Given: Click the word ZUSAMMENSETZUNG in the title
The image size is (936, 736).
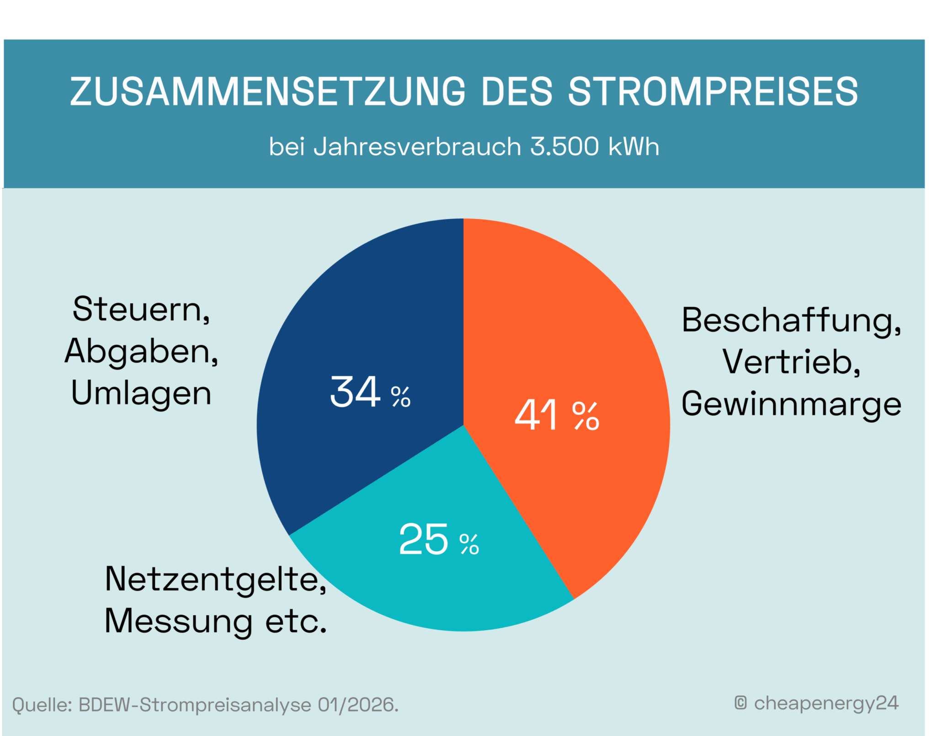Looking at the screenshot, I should coord(267,91).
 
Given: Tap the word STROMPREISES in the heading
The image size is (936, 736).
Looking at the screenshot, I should coord(713,91).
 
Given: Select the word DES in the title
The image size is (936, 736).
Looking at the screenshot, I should coord(517,91).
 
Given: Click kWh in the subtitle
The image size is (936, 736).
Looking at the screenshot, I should coord(634,147).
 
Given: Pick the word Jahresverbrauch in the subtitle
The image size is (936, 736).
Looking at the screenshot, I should coord(417,147).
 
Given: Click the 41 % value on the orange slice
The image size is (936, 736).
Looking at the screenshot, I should coord(556,415).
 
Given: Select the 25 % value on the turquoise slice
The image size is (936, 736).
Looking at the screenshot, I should coord(439,540).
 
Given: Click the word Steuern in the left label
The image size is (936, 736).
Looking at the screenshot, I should coord(141,310).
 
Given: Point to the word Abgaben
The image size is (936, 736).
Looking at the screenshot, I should coord(141,352).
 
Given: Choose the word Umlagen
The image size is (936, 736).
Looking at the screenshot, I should coord(141,394).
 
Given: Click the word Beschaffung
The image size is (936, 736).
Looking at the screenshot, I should coord(791,321).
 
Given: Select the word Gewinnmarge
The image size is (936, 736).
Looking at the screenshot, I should coord(791,404).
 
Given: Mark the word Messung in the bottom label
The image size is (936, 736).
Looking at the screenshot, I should coord(178,621).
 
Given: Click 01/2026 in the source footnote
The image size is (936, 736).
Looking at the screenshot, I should coord(357,705).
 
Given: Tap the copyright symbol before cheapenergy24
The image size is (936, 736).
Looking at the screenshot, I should coord(740,703).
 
